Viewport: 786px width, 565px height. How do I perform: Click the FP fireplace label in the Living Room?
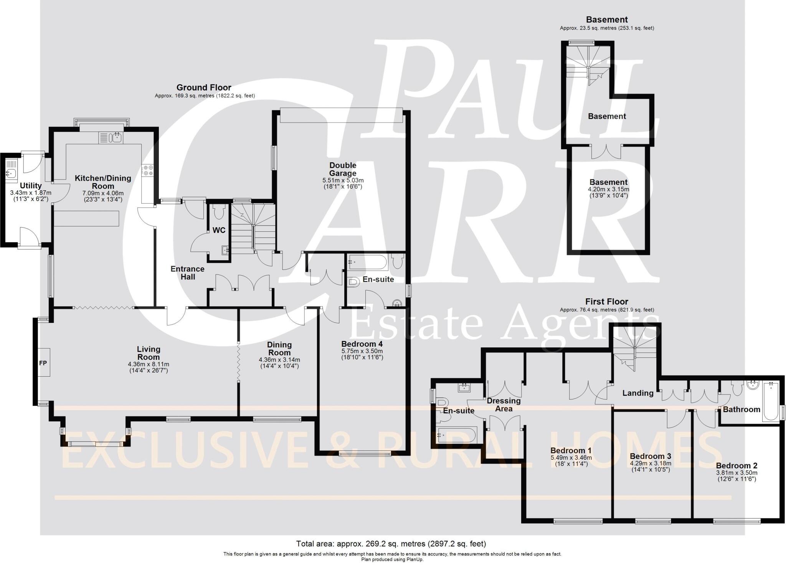click(43, 362)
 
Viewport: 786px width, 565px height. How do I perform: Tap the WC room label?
click(219, 230)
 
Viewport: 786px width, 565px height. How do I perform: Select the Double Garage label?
click(343, 169)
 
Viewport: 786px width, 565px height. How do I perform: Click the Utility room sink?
click(10, 173)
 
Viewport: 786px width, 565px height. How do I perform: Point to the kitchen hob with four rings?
click(148, 170)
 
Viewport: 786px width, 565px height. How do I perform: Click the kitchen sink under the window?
click(111, 137)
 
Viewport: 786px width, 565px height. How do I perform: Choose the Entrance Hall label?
click(188, 273)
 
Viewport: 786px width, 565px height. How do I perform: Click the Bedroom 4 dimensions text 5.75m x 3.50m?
click(362, 351)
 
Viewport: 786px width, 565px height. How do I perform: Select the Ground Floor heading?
click(204, 88)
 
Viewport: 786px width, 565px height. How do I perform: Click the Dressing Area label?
click(504, 404)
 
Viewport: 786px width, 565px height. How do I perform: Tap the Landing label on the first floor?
click(637, 393)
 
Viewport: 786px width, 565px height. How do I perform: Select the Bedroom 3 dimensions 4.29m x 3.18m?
click(651, 463)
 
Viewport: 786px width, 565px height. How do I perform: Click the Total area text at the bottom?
click(391, 544)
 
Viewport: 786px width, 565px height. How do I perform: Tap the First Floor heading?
click(607, 302)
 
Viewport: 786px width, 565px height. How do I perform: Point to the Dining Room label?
click(279, 349)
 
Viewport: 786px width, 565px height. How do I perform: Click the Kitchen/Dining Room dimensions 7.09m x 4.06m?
click(103, 193)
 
